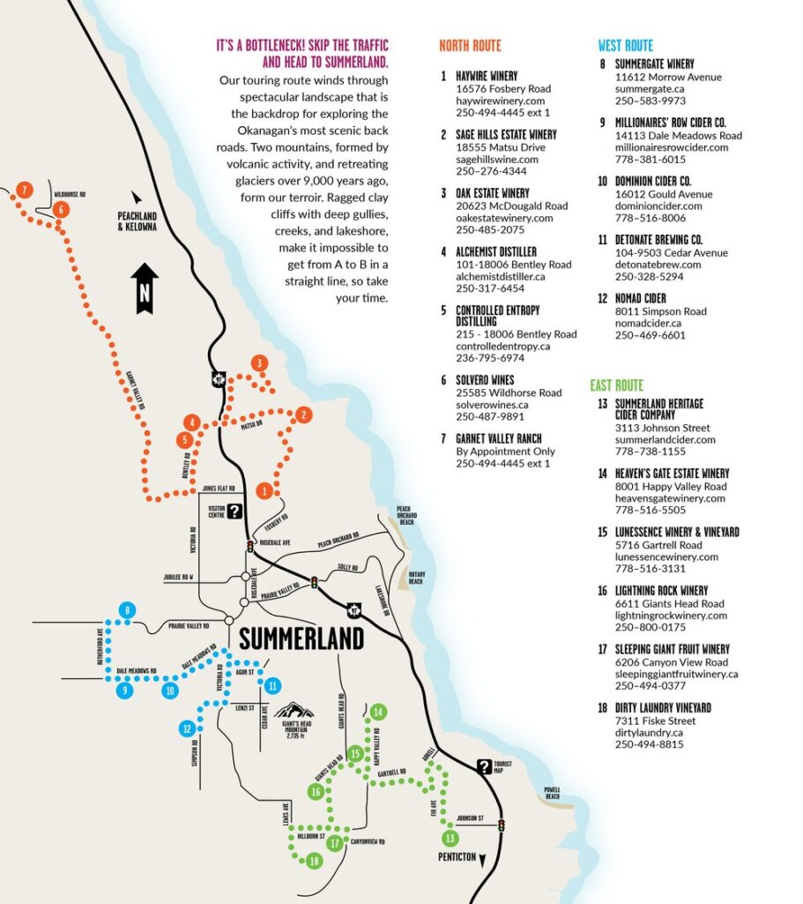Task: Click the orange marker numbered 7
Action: [x=24, y=189]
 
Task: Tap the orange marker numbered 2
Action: [x=303, y=415]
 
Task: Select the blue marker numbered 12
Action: [x=187, y=728]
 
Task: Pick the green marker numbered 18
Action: [x=314, y=861]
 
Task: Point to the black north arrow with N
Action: [x=145, y=288]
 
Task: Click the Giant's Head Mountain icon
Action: [x=295, y=711]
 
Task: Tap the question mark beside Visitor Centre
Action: [x=234, y=511]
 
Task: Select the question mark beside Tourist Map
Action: [x=484, y=766]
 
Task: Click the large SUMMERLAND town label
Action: [x=301, y=638]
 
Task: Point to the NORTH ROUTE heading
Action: [x=470, y=46]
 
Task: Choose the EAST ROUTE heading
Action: [x=616, y=385]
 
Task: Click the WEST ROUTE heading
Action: [x=625, y=46]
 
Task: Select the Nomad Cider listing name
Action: [x=640, y=299]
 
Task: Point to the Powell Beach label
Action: [x=552, y=792]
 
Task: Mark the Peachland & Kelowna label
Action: [x=137, y=221]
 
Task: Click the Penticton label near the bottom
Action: [x=456, y=856]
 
